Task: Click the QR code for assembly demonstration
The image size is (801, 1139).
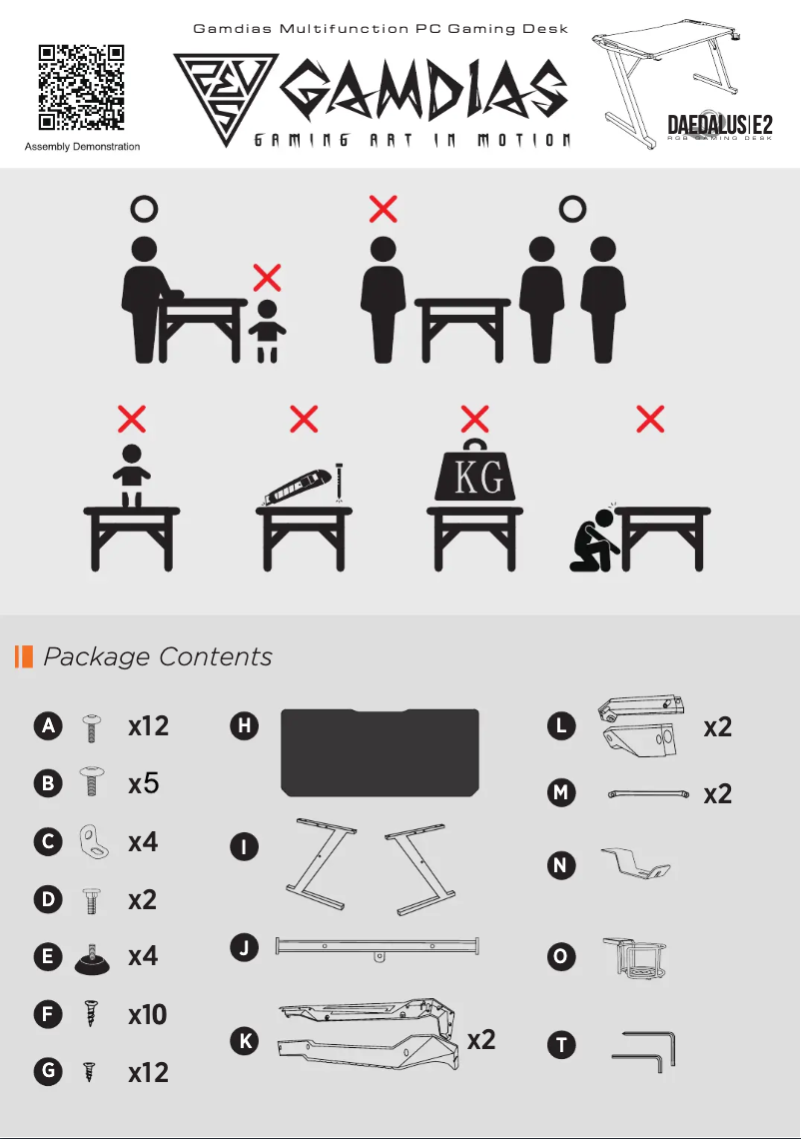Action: [x=81, y=88]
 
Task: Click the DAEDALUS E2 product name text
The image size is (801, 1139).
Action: [x=720, y=125]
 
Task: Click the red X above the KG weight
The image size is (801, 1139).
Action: [x=475, y=420]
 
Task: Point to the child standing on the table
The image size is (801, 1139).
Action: [x=132, y=476]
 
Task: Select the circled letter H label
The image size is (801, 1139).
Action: [x=244, y=725]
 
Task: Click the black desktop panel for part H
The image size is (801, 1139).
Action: [x=380, y=752]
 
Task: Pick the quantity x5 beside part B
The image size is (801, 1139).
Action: [x=143, y=783]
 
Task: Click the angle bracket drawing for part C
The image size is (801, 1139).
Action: [x=94, y=842]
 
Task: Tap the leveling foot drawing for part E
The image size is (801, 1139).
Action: [x=92, y=958]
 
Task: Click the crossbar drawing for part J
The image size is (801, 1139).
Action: [x=377, y=946]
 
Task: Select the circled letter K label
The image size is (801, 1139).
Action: [x=245, y=1040]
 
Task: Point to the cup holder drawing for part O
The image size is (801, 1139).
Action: [x=634, y=957]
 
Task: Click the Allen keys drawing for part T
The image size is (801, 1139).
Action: [x=644, y=1050]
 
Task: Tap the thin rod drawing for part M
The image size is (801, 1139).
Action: [x=648, y=794]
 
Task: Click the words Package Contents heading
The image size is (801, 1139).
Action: [x=158, y=656]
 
